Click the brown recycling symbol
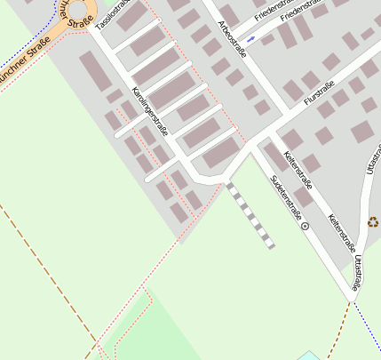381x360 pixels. pos(373,221)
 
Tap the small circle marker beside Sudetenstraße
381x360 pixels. pos(306,227)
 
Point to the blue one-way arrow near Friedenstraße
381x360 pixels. pos(251,39)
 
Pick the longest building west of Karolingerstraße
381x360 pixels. pos(95,70)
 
